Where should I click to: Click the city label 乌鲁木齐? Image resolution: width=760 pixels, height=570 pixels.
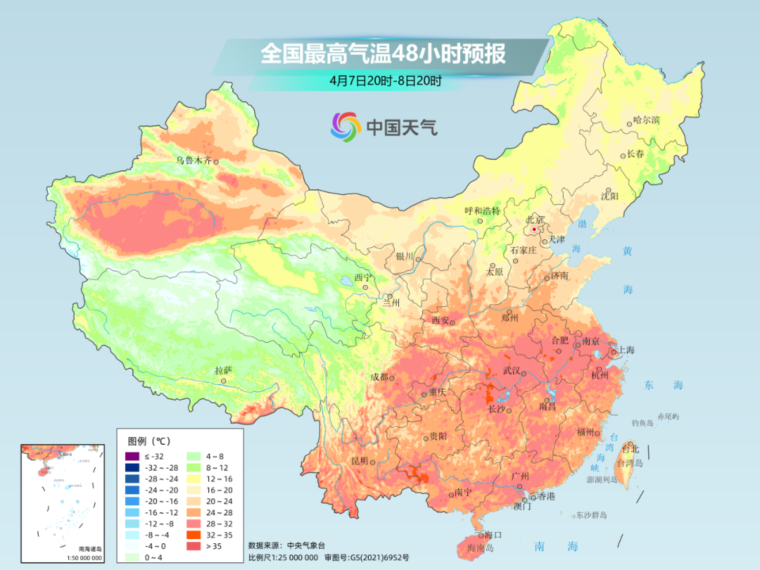(x=193, y=160)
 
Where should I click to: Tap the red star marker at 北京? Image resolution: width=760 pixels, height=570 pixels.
(x=535, y=229)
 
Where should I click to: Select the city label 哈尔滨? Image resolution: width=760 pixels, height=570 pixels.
(x=646, y=120)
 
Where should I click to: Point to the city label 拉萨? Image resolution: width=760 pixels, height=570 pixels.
(x=223, y=370)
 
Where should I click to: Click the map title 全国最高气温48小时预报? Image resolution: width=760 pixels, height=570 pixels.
(x=383, y=53)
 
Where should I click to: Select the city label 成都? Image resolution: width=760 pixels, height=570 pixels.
(x=379, y=376)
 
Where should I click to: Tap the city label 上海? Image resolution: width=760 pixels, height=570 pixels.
(x=626, y=350)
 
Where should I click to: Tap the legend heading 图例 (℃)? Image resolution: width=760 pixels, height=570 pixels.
(x=148, y=441)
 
